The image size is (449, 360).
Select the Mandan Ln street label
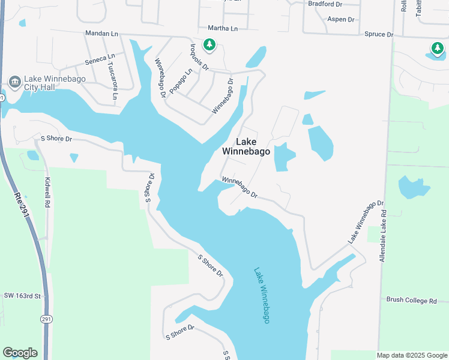[101, 34]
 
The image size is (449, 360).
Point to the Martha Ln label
[223, 28]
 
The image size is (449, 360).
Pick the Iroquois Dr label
[199, 56]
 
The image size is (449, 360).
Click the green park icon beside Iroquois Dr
[209, 44]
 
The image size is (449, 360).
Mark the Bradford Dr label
[325, 4]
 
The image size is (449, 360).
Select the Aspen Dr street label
[341, 19]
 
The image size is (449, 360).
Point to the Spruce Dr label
[379, 34]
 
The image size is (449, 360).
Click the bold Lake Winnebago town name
[246, 146]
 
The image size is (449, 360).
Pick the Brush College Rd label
[411, 300]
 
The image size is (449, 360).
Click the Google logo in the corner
[20, 353]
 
